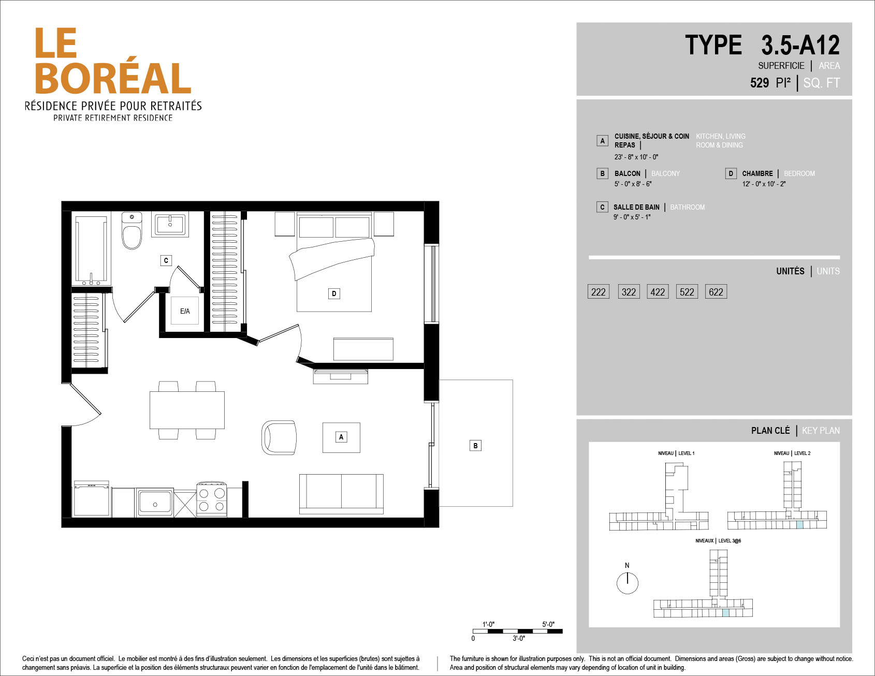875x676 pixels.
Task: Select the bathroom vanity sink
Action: tap(170, 224)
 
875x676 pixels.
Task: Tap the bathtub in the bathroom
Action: tap(91, 249)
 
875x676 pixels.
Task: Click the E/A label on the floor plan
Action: tap(185, 311)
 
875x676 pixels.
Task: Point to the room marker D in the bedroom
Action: tap(334, 293)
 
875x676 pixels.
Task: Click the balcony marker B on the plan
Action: tap(475, 446)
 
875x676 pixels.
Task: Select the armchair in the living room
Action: tap(280, 437)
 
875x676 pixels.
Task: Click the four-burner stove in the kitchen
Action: tap(212, 499)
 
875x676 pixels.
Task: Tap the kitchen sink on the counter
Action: tap(154, 503)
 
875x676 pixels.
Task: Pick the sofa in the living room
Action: tap(341, 494)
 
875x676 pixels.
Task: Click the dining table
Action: tap(187, 410)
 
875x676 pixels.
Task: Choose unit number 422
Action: tap(658, 292)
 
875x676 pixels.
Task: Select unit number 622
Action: tap(716, 292)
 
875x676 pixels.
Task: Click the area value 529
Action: tap(760, 83)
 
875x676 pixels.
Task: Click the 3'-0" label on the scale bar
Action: tap(519, 639)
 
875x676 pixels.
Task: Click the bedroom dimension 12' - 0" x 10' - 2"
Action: tap(764, 184)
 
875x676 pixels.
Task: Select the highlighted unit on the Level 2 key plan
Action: tap(799, 525)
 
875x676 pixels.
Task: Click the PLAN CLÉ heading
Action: tap(770, 431)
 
